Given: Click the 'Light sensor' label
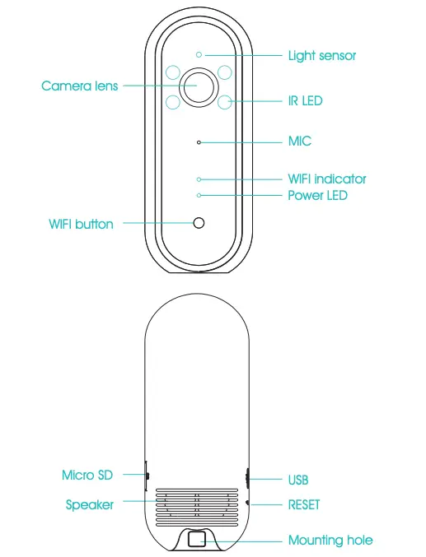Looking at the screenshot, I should (321, 56).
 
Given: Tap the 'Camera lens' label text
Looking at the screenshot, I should (80, 86).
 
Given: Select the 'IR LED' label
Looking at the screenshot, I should (305, 101).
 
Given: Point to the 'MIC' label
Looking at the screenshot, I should (300, 142).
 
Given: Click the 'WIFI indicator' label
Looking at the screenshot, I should (326, 179).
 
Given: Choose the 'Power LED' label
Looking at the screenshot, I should (317, 195).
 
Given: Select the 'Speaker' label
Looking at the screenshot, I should (90, 504).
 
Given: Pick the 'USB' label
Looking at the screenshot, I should (297, 479).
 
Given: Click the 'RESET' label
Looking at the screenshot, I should (303, 504).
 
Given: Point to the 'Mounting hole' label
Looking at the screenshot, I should (330, 541).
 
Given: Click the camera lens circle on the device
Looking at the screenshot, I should (199, 86).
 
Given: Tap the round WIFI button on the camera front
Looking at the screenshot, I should (199, 223).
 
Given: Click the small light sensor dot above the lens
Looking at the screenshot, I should (199, 55).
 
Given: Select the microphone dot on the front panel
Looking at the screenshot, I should (199, 142).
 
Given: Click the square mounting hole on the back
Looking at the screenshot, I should (199, 539).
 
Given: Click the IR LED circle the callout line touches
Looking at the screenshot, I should (224, 102).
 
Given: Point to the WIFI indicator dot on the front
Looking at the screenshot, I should (199, 179).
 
